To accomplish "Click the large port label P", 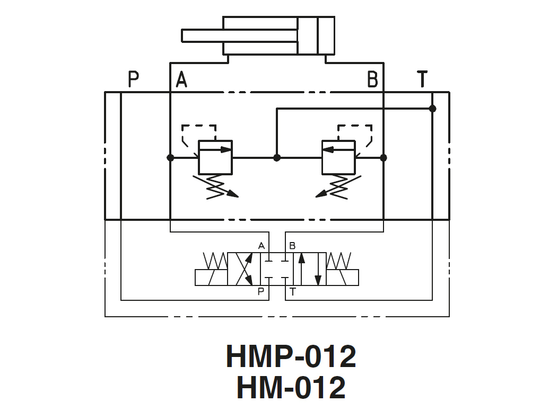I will point(133,80).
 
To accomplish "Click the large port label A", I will point(181,80).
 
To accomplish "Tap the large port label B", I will point(372,80).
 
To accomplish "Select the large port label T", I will point(422,79).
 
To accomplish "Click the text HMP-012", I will point(291,356).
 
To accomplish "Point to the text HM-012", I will point(291,387).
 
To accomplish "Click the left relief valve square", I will point(215,157).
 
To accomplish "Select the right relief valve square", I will point(338,157).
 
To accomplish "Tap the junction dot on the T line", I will point(432,109).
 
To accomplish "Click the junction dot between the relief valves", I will point(276,158).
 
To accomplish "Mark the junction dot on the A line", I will point(170,158).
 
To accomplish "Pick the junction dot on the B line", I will point(384,158).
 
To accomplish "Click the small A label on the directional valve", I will point(261,246).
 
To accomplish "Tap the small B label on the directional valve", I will point(292,246).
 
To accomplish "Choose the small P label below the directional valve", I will point(261,291).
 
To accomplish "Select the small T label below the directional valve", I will point(293,291).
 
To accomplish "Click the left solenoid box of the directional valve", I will point(211,278).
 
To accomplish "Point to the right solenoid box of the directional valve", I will point(342,278).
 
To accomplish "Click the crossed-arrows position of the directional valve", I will point(244,269).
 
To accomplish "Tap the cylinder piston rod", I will point(239,35).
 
